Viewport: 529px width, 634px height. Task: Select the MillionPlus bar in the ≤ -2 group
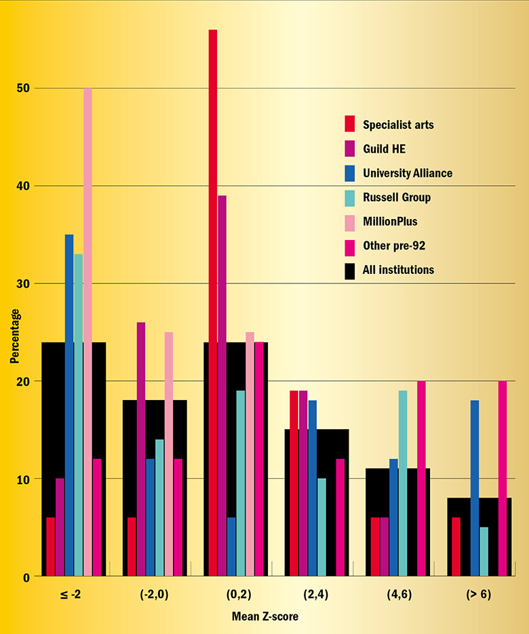click(87, 332)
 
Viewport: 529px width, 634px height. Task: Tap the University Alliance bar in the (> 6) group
click(475, 488)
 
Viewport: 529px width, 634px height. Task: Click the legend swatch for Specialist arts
click(350, 124)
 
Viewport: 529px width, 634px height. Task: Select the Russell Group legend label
click(397, 197)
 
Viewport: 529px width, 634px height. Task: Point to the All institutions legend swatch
click(350, 270)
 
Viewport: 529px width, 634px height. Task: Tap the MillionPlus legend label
click(390, 222)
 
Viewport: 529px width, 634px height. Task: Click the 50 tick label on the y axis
click(24, 89)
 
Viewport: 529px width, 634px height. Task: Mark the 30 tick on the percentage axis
click(24, 283)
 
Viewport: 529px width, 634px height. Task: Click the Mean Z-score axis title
click(264, 617)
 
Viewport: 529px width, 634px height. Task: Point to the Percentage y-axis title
click(15, 336)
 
